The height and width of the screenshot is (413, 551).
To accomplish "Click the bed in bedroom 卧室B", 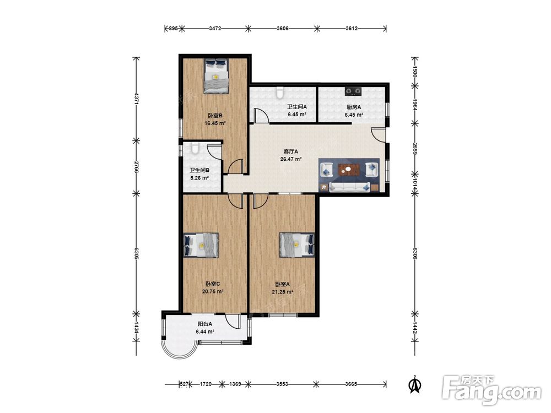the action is tap(216, 76).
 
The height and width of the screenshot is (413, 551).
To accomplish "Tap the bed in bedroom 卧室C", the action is tap(201, 245).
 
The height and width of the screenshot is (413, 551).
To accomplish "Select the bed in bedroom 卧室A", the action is tap(296, 244).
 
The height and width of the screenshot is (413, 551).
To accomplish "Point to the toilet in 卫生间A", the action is tap(280, 92).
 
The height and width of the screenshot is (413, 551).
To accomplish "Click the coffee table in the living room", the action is tap(348, 170).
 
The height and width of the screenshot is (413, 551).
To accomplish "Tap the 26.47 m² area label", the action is tap(291, 159).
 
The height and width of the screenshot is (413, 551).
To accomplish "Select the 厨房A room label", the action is tap(354, 107).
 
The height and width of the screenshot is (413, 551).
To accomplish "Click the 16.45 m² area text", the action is tap(215, 123).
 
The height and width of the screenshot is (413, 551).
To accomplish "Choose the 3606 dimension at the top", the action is tap(283, 29).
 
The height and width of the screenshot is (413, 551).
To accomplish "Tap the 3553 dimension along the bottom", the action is tap(282, 384).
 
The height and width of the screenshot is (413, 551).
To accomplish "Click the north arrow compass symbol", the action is tap(415, 384).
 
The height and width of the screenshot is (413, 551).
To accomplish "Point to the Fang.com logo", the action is tap(491, 390).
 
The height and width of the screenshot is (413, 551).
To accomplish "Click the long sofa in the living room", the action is tap(350, 187).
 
